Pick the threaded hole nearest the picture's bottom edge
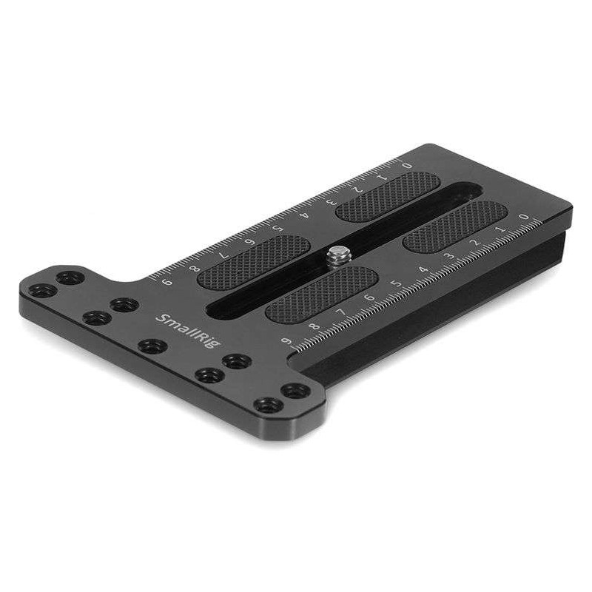tap(267, 405)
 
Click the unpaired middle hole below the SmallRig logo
tap(152, 346)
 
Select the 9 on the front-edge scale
tap(286, 343)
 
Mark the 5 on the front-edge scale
tap(395, 283)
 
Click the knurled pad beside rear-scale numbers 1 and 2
tap(377, 197)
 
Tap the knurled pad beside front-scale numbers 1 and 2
tap(455, 226)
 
